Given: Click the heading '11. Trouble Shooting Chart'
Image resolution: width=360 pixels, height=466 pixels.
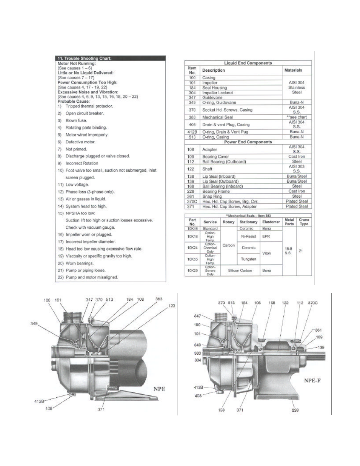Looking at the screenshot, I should click(x=84, y=58).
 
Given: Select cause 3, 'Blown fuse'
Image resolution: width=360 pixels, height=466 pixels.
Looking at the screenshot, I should click(x=76, y=120).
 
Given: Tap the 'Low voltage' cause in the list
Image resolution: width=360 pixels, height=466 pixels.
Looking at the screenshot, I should click(x=77, y=185).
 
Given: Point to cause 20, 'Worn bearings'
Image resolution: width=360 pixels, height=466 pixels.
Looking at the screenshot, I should click(x=79, y=263).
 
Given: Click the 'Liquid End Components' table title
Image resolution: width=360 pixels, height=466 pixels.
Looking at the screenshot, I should click(x=248, y=63).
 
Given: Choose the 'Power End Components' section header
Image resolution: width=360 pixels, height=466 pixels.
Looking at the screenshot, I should click(x=248, y=142).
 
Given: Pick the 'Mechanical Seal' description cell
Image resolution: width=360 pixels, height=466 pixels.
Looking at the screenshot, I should click(x=217, y=117).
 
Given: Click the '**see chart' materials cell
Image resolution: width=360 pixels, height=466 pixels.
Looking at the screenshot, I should click(x=297, y=117).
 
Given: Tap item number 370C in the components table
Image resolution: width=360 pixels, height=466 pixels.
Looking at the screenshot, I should click(x=192, y=201).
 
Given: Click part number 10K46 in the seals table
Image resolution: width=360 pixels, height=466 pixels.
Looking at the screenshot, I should click(x=192, y=229).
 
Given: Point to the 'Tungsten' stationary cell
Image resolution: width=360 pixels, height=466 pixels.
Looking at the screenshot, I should click(x=248, y=259).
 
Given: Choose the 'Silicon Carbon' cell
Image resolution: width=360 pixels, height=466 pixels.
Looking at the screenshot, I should click(x=240, y=271).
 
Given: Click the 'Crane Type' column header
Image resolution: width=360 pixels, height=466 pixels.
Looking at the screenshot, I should click(x=304, y=222).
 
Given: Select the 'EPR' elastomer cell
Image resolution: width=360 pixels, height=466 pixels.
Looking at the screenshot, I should click(x=266, y=237).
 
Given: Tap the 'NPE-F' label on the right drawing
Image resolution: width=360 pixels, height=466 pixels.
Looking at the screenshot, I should click(x=312, y=380).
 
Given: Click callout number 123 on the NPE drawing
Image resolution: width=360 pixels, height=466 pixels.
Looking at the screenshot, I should click(x=171, y=306).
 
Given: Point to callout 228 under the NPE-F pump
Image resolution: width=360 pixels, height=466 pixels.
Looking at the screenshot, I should click(x=295, y=410).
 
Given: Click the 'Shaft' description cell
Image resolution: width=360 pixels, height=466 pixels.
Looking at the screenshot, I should click(x=207, y=169).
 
